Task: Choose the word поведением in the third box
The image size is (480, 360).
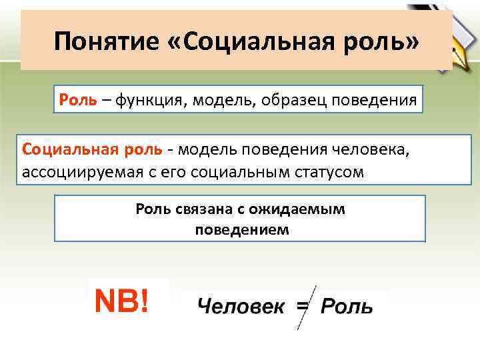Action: pyautogui.click(x=242, y=229)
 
